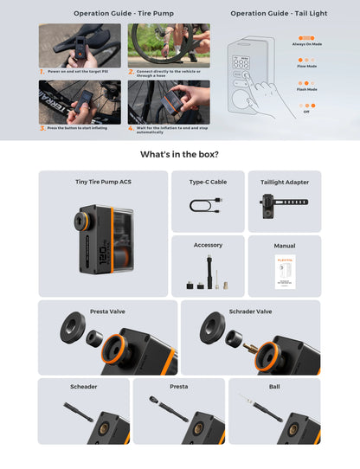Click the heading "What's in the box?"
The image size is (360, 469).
[179, 154]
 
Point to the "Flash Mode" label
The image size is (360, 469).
[306, 89]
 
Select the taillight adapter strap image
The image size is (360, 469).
[284, 207]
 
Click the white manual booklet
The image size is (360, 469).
[284, 274]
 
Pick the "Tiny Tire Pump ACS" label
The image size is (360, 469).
[102, 182]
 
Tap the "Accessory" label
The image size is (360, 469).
[208, 245]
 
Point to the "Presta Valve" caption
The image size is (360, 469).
[108, 311]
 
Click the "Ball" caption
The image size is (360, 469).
[274, 387]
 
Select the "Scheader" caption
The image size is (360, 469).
[83, 387]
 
